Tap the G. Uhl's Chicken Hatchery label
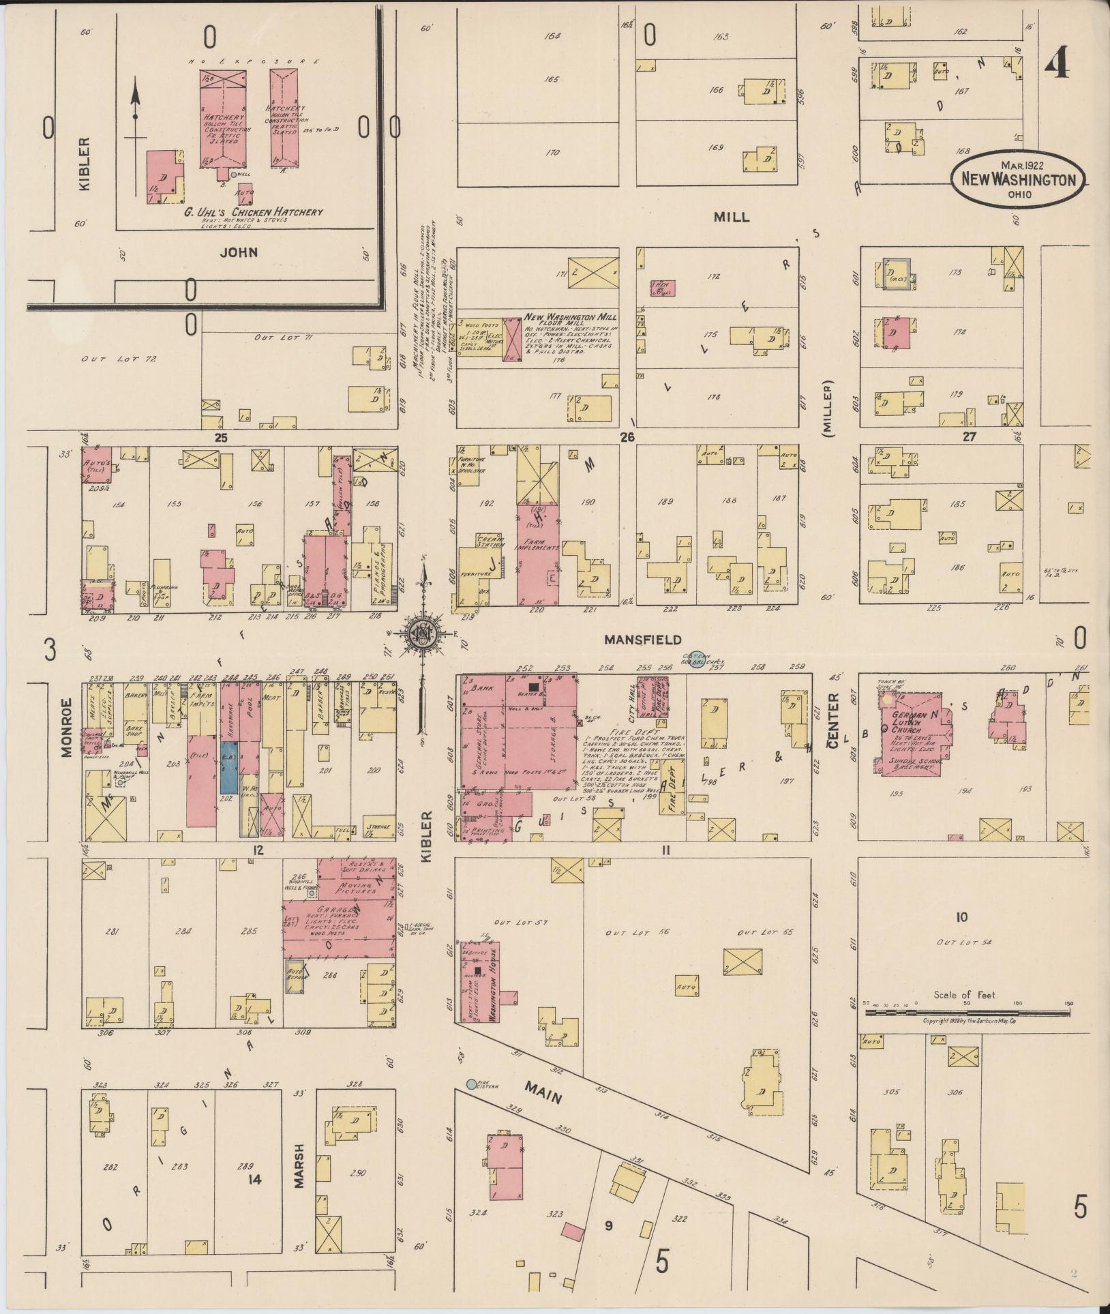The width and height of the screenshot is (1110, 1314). [x=253, y=212]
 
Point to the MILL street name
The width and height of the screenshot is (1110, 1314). [x=731, y=218]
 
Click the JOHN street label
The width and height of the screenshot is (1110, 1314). [x=239, y=252]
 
